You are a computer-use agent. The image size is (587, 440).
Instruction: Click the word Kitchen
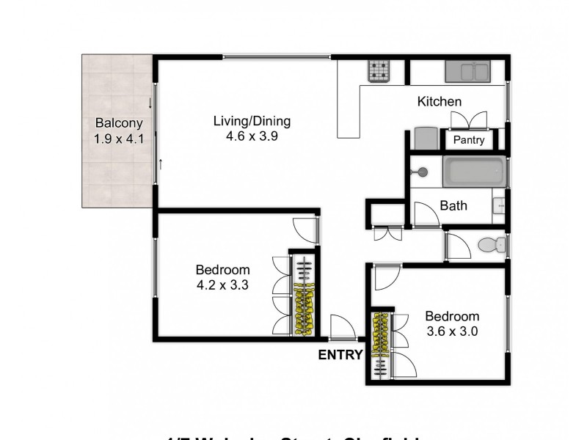439,102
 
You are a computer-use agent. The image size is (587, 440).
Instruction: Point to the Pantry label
468,140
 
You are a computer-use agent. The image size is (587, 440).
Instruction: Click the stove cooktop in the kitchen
379,70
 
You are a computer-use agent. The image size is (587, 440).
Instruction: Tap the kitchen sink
467,71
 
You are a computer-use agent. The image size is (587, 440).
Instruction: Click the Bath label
453,206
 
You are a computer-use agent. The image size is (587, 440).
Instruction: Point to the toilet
489,244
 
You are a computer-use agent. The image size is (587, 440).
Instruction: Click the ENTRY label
340,356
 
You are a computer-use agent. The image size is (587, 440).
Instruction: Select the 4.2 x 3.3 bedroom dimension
222,285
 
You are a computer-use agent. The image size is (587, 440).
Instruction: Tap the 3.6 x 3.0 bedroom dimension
453,331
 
